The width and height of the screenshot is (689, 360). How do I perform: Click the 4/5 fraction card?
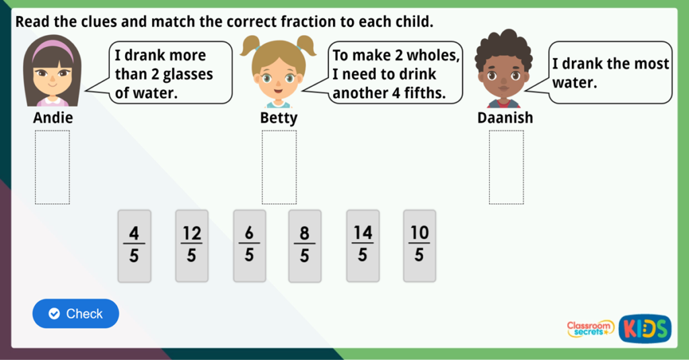pos(134,246)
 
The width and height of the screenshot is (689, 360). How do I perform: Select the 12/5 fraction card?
pos(192,246)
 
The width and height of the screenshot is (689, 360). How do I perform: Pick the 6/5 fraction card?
pos(249,246)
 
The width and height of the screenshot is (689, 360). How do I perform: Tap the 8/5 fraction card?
pos(305,246)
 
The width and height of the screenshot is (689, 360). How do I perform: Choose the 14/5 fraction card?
pos(363,246)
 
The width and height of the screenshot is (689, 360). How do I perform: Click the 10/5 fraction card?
pos(419,246)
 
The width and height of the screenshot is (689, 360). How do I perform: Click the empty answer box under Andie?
pos(52,167)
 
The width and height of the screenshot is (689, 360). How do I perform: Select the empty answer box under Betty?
pos(279,167)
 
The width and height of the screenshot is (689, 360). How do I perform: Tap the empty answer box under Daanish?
pos(506,167)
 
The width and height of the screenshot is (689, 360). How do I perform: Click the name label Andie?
pos(52,118)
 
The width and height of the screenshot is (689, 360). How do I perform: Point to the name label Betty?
pos(279,118)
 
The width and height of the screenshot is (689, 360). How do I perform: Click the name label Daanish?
pos(505,118)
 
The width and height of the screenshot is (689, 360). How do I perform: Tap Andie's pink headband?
pos(52,47)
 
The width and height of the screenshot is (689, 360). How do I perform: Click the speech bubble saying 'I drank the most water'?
pos(610,73)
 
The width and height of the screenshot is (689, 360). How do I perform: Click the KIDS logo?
pos(645,328)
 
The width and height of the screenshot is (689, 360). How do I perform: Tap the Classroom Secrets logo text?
pos(590,328)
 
